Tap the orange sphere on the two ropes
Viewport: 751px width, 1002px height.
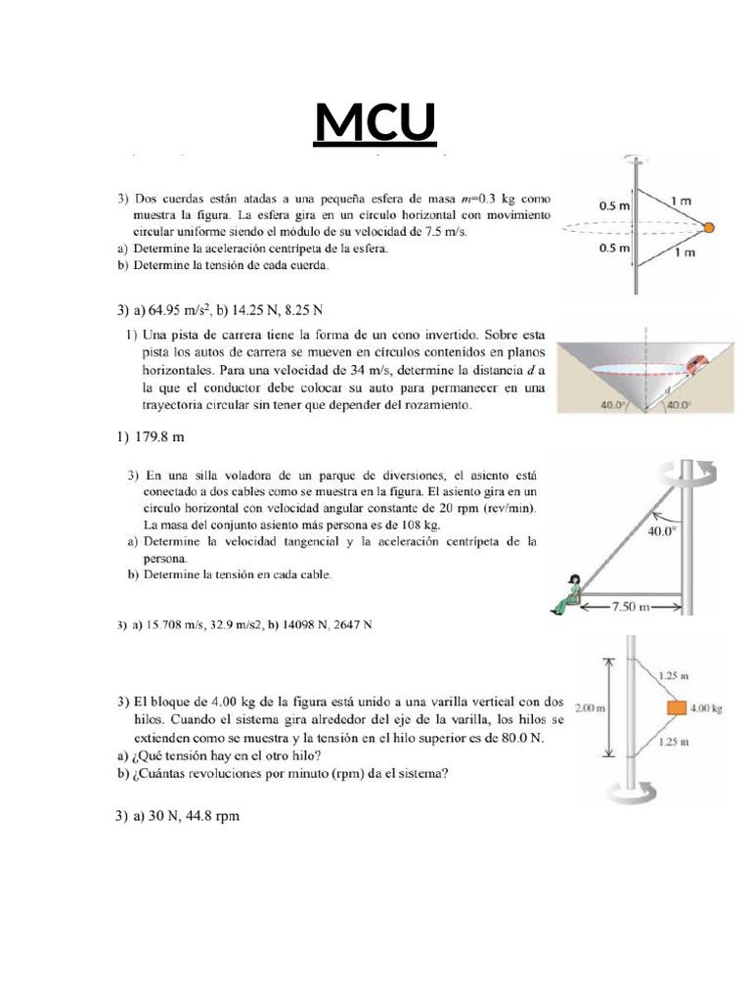(710, 227)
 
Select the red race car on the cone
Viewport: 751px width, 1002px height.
(697, 363)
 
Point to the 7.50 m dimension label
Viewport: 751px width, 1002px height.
(631, 606)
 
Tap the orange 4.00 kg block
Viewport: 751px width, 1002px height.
(675, 707)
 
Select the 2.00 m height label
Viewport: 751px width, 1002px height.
(589, 707)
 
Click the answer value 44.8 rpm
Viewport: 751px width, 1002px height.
(208, 815)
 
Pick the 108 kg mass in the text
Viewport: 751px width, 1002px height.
(418, 525)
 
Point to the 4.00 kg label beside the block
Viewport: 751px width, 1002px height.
(706, 707)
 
